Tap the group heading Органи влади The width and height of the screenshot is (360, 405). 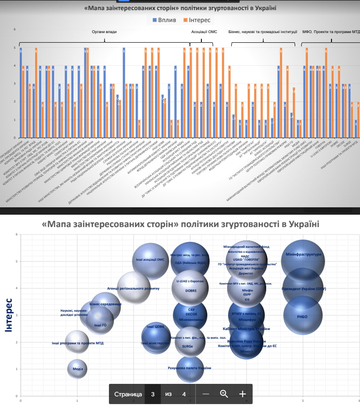(x=104, y=32)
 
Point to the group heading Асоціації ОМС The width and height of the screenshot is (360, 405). (x=204, y=32)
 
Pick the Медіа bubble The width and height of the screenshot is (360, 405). (x=78, y=369)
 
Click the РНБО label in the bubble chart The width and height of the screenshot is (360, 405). (x=303, y=316)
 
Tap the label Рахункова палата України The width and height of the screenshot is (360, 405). (x=189, y=368)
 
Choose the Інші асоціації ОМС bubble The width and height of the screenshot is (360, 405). (x=150, y=260)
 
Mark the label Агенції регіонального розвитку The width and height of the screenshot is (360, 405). (x=133, y=288)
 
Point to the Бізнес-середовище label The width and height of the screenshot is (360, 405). (x=105, y=304)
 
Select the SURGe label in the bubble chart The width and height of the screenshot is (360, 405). (x=187, y=347)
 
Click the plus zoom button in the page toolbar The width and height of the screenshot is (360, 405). (x=242, y=394)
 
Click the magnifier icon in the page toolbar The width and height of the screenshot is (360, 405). (x=224, y=394)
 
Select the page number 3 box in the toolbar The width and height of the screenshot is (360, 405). (x=153, y=394)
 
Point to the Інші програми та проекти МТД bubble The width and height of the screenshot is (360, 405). (x=77, y=343)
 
